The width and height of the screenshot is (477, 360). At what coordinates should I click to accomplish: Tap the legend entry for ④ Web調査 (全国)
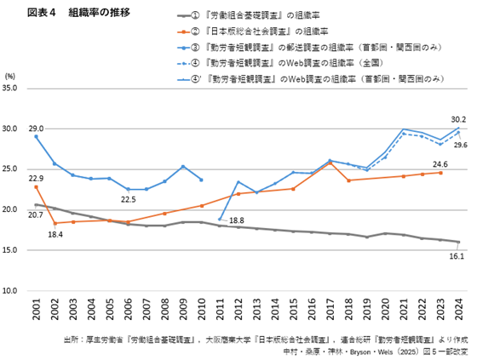tap(295, 63)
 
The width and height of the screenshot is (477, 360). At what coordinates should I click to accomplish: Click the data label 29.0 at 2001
tap(36, 128)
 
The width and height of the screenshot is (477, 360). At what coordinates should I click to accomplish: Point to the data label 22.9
tap(36, 178)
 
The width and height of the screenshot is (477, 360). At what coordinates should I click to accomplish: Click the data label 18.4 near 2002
tap(56, 233)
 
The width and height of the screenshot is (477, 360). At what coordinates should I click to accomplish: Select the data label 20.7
tap(36, 215)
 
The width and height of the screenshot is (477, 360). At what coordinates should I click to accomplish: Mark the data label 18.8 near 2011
tap(238, 220)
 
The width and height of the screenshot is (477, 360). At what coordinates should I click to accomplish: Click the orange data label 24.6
tap(440, 164)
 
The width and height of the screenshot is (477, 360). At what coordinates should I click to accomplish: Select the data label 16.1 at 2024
tap(457, 255)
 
